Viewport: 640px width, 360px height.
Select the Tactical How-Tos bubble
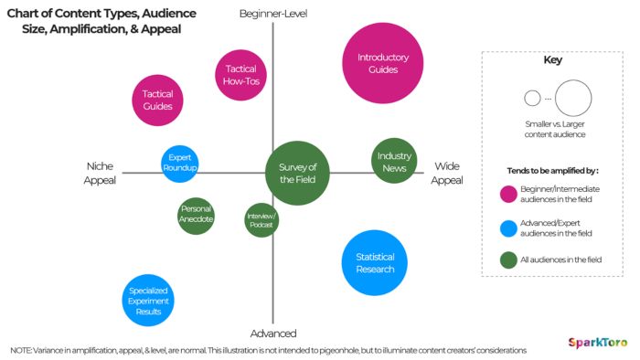tap(240, 74)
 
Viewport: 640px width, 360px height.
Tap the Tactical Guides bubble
tap(158, 100)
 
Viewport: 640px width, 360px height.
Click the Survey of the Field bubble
tap(297, 172)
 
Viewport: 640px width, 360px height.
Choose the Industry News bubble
tap(395, 161)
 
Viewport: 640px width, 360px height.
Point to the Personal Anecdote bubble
tap(196, 215)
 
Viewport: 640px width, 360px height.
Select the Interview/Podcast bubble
tap(261, 220)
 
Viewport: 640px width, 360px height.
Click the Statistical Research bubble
tap(374, 263)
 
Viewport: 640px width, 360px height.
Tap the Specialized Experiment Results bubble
tap(148, 301)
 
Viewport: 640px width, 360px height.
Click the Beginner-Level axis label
tap(272, 13)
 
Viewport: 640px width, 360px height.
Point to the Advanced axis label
tap(274, 334)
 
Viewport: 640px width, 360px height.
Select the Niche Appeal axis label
tap(100, 174)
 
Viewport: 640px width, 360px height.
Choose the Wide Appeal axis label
tap(447, 174)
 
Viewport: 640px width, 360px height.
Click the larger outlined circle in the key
tap(573, 98)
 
